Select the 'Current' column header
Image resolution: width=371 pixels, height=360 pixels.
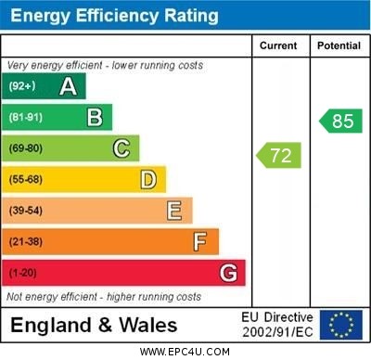click(278, 45)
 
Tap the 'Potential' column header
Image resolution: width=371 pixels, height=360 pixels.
click(339, 45)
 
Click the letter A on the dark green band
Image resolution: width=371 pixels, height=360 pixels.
click(68, 87)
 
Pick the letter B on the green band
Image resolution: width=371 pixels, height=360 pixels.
click(95, 118)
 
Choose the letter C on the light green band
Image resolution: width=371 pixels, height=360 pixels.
click(122, 148)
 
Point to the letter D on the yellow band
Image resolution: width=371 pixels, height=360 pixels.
click(148, 179)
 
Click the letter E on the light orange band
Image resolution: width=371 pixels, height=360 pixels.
click(174, 211)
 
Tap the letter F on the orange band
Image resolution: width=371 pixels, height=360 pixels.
click(200, 242)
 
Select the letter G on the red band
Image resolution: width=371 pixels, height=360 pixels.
click(228, 273)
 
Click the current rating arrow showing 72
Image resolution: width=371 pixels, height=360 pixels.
click(279, 155)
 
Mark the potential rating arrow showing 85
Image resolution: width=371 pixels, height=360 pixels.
click(339, 121)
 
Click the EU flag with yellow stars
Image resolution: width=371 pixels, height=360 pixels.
click(340, 325)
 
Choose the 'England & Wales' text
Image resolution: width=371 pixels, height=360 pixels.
click(94, 325)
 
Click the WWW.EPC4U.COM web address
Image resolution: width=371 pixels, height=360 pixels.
click(185, 352)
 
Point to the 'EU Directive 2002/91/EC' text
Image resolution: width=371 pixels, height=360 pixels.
click(277, 325)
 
